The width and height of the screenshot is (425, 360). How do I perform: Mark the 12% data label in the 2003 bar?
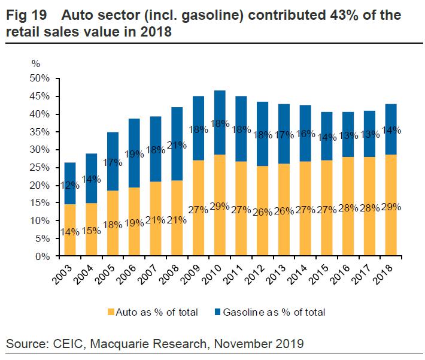coord(70,184)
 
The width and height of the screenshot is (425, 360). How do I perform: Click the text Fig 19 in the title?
coord(27,15)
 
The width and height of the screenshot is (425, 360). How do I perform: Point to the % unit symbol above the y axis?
coord(36,63)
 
